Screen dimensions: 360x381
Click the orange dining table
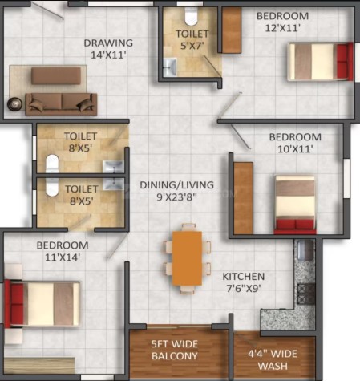coord(187,258)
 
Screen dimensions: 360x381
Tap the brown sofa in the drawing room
coord(61,104)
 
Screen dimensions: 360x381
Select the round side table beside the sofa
coord(14,104)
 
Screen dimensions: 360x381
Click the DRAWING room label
coord(108,43)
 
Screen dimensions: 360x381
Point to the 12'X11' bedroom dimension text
coord(283,28)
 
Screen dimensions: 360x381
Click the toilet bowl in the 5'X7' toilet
coord(191,16)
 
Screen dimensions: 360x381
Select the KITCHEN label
coord(244,277)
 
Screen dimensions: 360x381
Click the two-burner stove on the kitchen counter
coord(306,294)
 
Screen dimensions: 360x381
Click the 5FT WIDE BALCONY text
coord(175,350)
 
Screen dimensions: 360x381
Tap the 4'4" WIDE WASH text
coord(273,359)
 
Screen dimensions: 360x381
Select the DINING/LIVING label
coord(176,185)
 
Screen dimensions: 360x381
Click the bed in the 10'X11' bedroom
coord(295,205)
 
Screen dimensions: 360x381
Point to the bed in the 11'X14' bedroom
coord(42,304)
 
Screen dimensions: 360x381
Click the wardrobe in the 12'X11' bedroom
coord(232,30)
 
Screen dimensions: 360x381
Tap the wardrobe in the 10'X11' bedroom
coord(243,198)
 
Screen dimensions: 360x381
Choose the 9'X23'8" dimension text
coord(176,197)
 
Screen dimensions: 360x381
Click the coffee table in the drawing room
coord(56,76)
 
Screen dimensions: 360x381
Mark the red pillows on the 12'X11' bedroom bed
coord(344,62)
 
